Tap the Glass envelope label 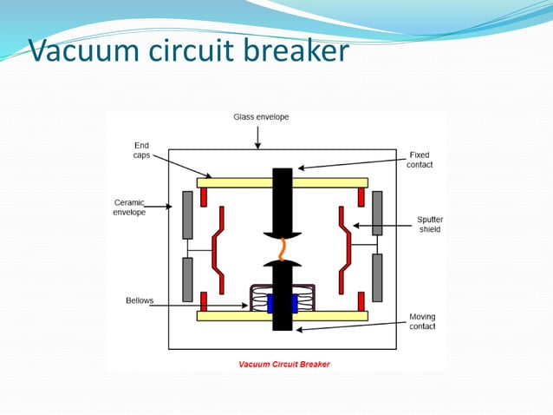[x=261, y=116]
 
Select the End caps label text [x=140, y=149]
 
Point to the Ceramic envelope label [x=130, y=207]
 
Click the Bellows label [x=139, y=300]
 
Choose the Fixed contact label [x=420, y=160]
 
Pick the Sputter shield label [x=429, y=225]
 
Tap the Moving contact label [x=422, y=321]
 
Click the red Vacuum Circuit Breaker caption [x=284, y=364]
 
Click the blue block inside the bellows [x=283, y=303]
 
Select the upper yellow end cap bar [x=234, y=183]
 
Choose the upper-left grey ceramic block [x=187, y=214]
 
